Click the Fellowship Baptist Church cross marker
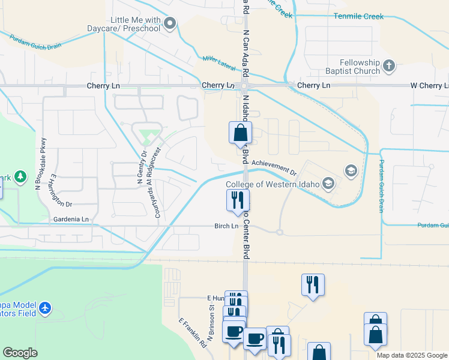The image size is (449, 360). pos(389,65)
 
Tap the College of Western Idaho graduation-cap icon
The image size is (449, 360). pos(351,171)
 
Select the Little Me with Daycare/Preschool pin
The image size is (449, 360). pos(170,24)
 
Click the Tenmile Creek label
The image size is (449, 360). pos(358,16)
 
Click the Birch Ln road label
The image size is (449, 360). pos(226,226)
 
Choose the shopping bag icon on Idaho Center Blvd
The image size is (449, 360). pos(240,133)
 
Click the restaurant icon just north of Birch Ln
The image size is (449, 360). pos(238,199)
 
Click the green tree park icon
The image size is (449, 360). pos(21,176)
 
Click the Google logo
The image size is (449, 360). pos(20,353)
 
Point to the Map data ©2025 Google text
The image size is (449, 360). pos(411,355)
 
